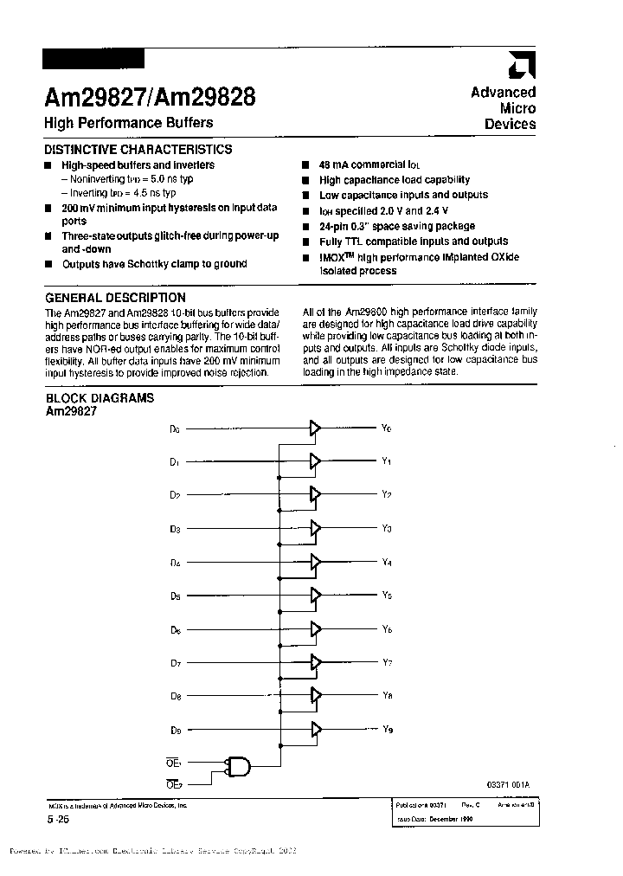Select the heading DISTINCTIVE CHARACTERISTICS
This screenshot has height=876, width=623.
(x=138, y=149)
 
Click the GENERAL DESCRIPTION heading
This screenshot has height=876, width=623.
(x=115, y=297)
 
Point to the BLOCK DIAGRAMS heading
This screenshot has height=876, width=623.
(x=100, y=397)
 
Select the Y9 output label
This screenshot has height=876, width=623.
(x=387, y=729)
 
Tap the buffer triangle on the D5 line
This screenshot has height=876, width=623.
(x=315, y=596)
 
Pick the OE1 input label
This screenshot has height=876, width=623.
(x=173, y=762)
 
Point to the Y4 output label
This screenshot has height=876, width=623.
(x=387, y=563)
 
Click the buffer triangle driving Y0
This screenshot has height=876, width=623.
(x=315, y=428)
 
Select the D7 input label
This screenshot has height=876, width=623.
(x=175, y=663)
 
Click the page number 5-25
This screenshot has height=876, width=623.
(x=57, y=818)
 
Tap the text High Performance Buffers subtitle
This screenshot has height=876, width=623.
(x=128, y=123)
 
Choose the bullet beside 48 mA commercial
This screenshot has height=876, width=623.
(x=306, y=164)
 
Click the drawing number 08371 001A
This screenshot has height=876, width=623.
(x=508, y=784)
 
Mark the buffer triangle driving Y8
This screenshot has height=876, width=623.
(x=315, y=695)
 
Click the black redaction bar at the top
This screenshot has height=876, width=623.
(x=93, y=59)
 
